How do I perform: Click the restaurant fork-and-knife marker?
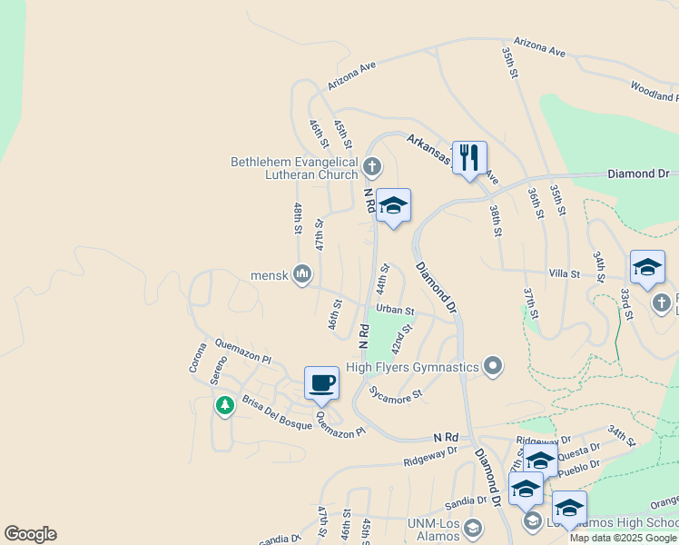[x=469, y=158]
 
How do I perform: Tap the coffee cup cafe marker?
[x=321, y=383]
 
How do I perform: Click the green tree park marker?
[x=224, y=405]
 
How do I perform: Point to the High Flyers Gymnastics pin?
[x=493, y=367]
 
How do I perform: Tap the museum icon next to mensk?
[x=302, y=273]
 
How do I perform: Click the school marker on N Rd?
[x=393, y=206]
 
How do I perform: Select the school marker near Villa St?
[x=647, y=267]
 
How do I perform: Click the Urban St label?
[x=395, y=310]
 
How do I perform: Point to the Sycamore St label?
[x=397, y=394]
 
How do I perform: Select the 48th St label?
[x=297, y=219]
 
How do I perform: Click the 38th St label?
[x=495, y=220]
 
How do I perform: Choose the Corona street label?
[x=197, y=357]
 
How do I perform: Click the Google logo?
[x=30, y=534]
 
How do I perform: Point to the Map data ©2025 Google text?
[x=623, y=538]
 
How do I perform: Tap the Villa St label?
[x=564, y=272]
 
